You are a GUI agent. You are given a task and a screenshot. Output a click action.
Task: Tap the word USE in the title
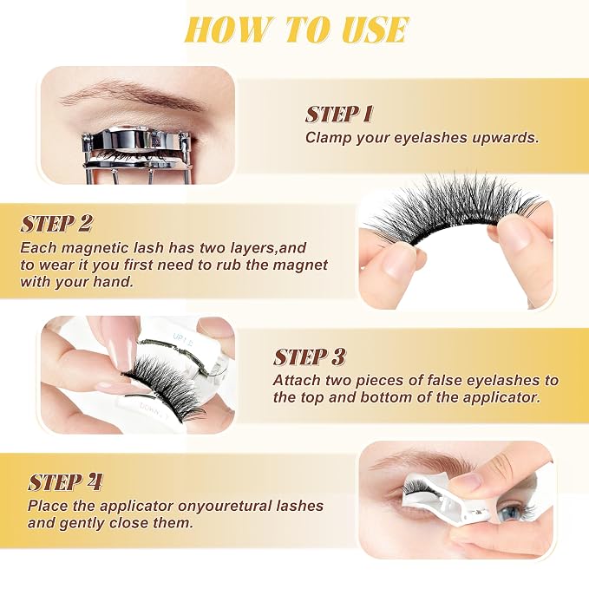(x=375, y=29)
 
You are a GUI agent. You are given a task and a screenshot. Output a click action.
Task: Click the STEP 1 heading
(x=339, y=115)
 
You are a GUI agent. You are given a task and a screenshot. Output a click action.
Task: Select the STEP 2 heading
(x=56, y=224)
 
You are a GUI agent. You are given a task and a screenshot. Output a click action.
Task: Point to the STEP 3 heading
(x=309, y=357)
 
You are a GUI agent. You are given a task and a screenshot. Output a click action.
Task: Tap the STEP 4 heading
(x=65, y=482)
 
